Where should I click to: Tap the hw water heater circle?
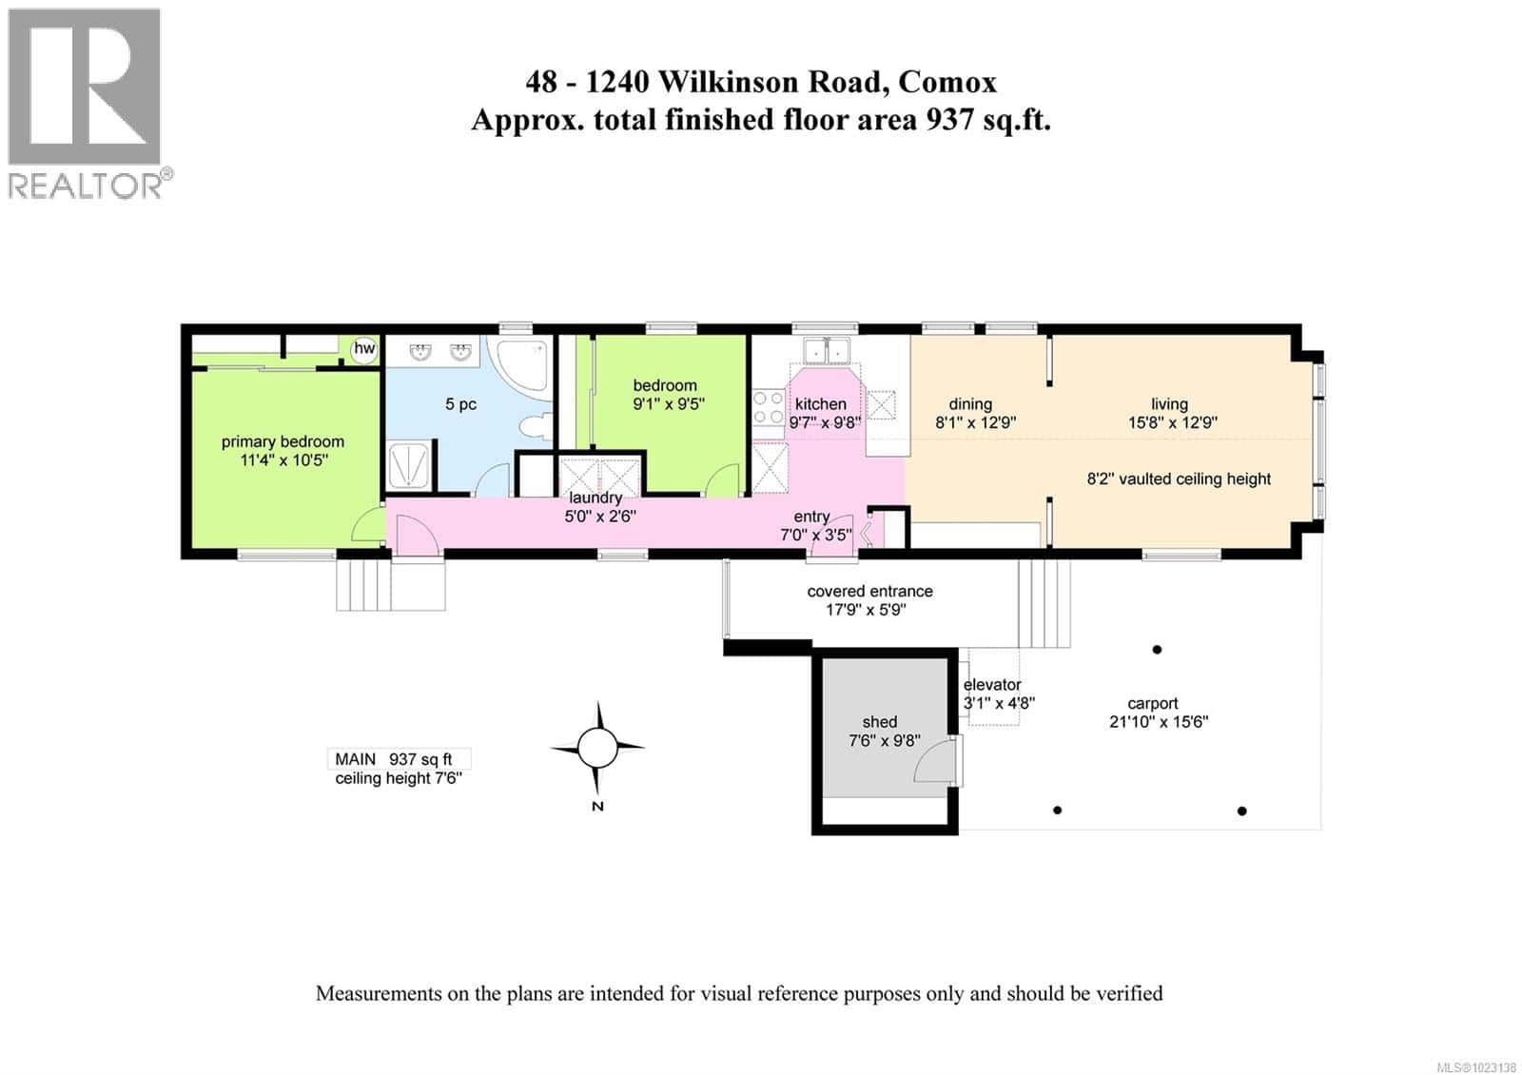364,349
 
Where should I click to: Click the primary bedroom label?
283,441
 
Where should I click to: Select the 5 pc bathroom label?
460,404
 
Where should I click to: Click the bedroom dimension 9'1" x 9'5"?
669,403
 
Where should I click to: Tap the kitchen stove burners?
768,407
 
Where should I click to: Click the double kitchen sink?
825,351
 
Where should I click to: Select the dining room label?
970,404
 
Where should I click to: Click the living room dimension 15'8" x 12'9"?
1172,422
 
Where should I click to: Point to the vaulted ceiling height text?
1179,479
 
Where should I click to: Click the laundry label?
595,498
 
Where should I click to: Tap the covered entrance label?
869,591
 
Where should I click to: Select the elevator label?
992,685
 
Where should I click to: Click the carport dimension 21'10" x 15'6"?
1158,722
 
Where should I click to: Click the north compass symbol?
597,749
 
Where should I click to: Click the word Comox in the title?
946,82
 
